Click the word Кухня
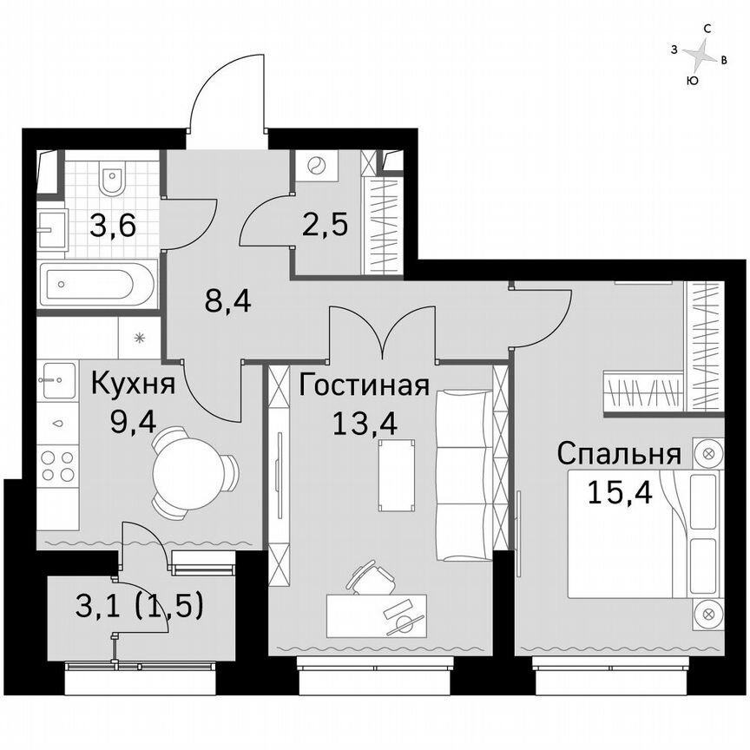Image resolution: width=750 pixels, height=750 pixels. click(133, 384)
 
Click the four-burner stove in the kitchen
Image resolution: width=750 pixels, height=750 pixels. click(56, 466)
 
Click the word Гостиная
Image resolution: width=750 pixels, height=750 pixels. click(365, 385)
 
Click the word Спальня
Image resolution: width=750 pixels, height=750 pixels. click(617, 453)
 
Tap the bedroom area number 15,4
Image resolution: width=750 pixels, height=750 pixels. click(619, 492)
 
